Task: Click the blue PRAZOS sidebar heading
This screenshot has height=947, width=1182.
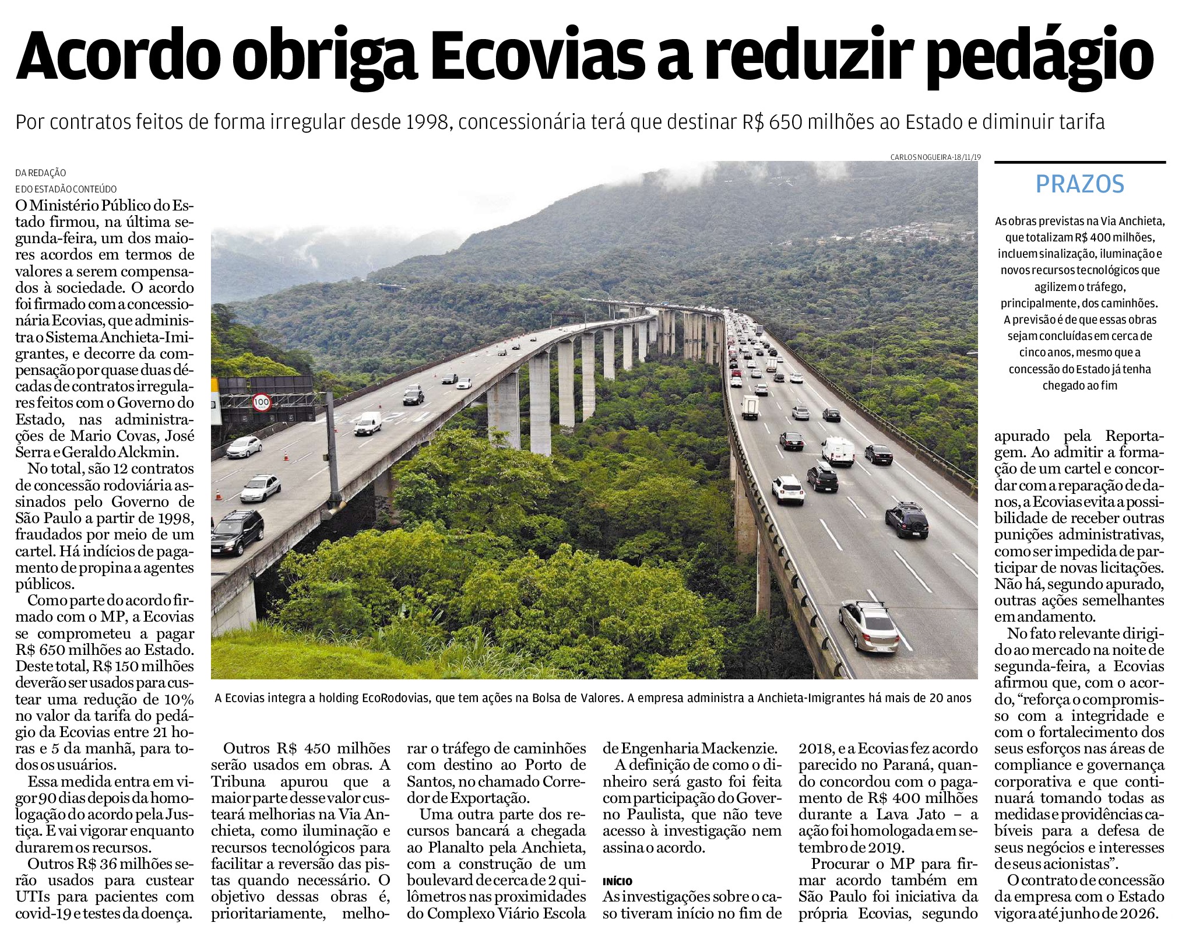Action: click(1079, 184)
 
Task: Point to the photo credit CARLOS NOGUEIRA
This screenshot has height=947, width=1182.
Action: click(921, 157)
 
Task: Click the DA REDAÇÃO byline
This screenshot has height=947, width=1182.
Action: click(41, 173)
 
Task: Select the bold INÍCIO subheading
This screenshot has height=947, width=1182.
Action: click(617, 881)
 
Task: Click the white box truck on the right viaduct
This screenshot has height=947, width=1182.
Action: click(750, 406)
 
